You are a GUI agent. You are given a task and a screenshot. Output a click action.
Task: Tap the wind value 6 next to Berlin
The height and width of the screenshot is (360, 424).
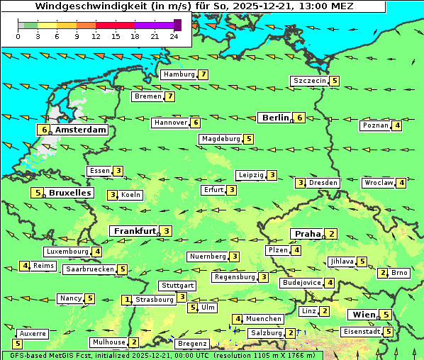pos(301,118)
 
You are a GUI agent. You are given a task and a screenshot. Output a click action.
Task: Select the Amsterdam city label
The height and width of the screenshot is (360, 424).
pos(80,130)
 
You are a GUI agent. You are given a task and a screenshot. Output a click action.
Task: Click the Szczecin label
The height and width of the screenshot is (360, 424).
pos(309,81)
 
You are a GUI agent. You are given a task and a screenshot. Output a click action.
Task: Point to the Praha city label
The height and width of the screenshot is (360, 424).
pos(308,234)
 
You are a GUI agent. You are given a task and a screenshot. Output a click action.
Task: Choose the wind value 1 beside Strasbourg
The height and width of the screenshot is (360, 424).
pos(128,300)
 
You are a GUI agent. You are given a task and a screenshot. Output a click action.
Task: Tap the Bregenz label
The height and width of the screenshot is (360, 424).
pos(191,344)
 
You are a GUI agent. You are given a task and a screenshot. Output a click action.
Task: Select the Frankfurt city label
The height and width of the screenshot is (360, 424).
pos(134,231)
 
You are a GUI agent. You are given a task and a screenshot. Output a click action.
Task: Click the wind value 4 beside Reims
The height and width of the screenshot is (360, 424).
pos(25,266)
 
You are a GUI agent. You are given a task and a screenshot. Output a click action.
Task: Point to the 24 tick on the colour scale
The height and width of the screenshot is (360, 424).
pos(174,36)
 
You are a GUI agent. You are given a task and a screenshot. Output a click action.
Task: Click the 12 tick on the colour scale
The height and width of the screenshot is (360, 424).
pos(96,36)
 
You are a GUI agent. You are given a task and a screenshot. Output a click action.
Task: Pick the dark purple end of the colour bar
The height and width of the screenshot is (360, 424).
pos(177,25)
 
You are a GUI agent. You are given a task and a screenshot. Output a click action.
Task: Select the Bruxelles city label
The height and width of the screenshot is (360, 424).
pos(69,193)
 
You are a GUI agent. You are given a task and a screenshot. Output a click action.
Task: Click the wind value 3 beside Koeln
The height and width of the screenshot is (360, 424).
pos(112,195)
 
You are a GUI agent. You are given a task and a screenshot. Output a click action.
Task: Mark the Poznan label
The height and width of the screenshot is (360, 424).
pos(376,125)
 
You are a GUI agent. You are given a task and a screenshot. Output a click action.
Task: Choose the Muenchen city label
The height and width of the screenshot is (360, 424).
pos(264,319)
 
